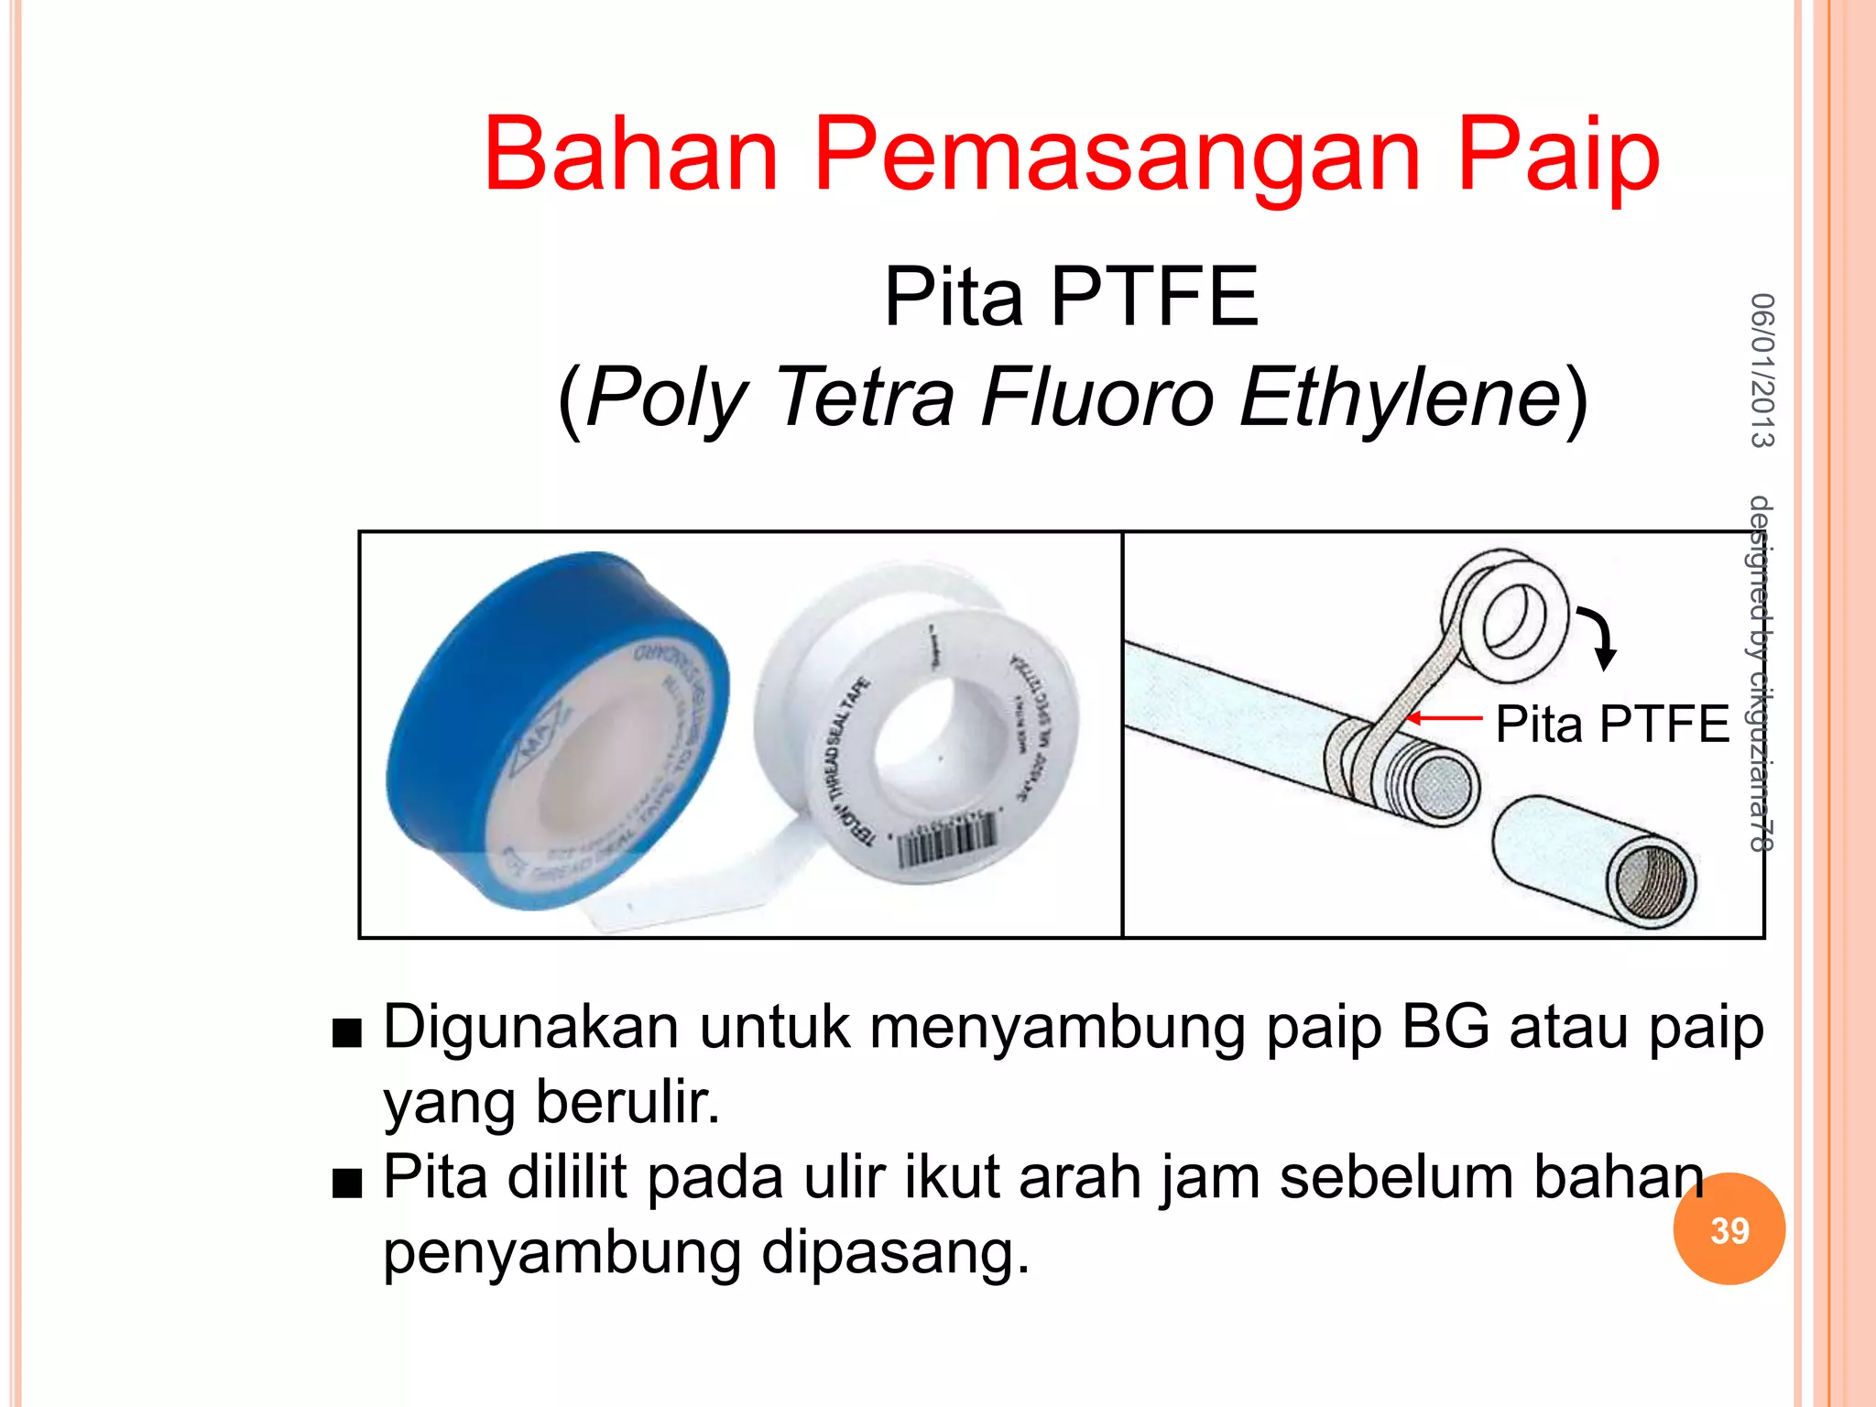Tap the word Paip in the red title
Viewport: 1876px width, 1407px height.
click(1558, 156)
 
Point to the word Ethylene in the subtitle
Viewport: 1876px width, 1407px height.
click(1400, 398)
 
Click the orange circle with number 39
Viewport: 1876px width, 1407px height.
click(1729, 1229)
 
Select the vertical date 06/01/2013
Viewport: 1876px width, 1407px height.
click(1761, 370)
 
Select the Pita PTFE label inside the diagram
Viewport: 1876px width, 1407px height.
click(1612, 725)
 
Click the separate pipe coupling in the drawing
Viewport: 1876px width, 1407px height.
click(1594, 861)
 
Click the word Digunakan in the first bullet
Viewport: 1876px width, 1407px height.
click(530, 1028)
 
